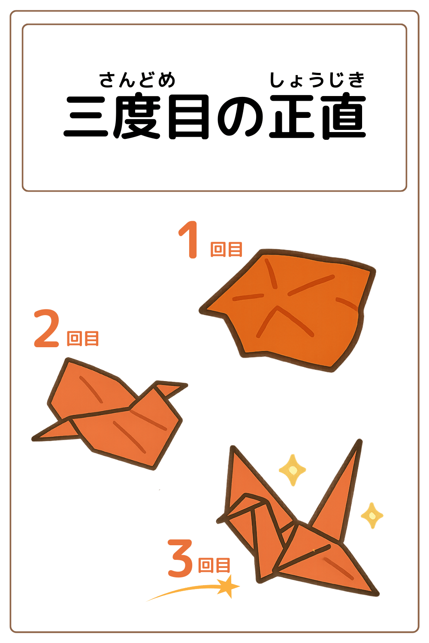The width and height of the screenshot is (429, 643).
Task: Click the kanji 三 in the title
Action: click(x=86, y=117)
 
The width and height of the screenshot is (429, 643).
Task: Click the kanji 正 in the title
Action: click(x=292, y=117)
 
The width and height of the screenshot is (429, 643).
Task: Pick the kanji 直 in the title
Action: click(x=343, y=117)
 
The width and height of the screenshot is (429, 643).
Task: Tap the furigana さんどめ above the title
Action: click(x=137, y=80)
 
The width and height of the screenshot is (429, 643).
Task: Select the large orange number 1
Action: click(x=189, y=240)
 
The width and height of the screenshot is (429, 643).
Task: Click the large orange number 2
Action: click(x=46, y=329)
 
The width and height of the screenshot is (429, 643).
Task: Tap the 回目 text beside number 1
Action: click(x=226, y=249)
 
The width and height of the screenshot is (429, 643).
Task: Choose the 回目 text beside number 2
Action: click(x=83, y=338)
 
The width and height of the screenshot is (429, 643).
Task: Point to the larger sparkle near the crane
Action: click(x=293, y=470)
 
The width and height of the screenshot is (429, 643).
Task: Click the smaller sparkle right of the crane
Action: click(x=372, y=515)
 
